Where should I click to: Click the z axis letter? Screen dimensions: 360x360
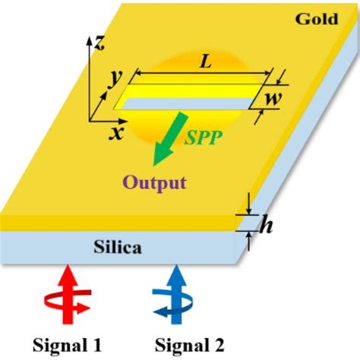click(99, 43)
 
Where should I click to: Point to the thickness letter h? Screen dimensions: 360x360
click(265, 226)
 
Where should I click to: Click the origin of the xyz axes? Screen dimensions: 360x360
click(91, 118)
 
